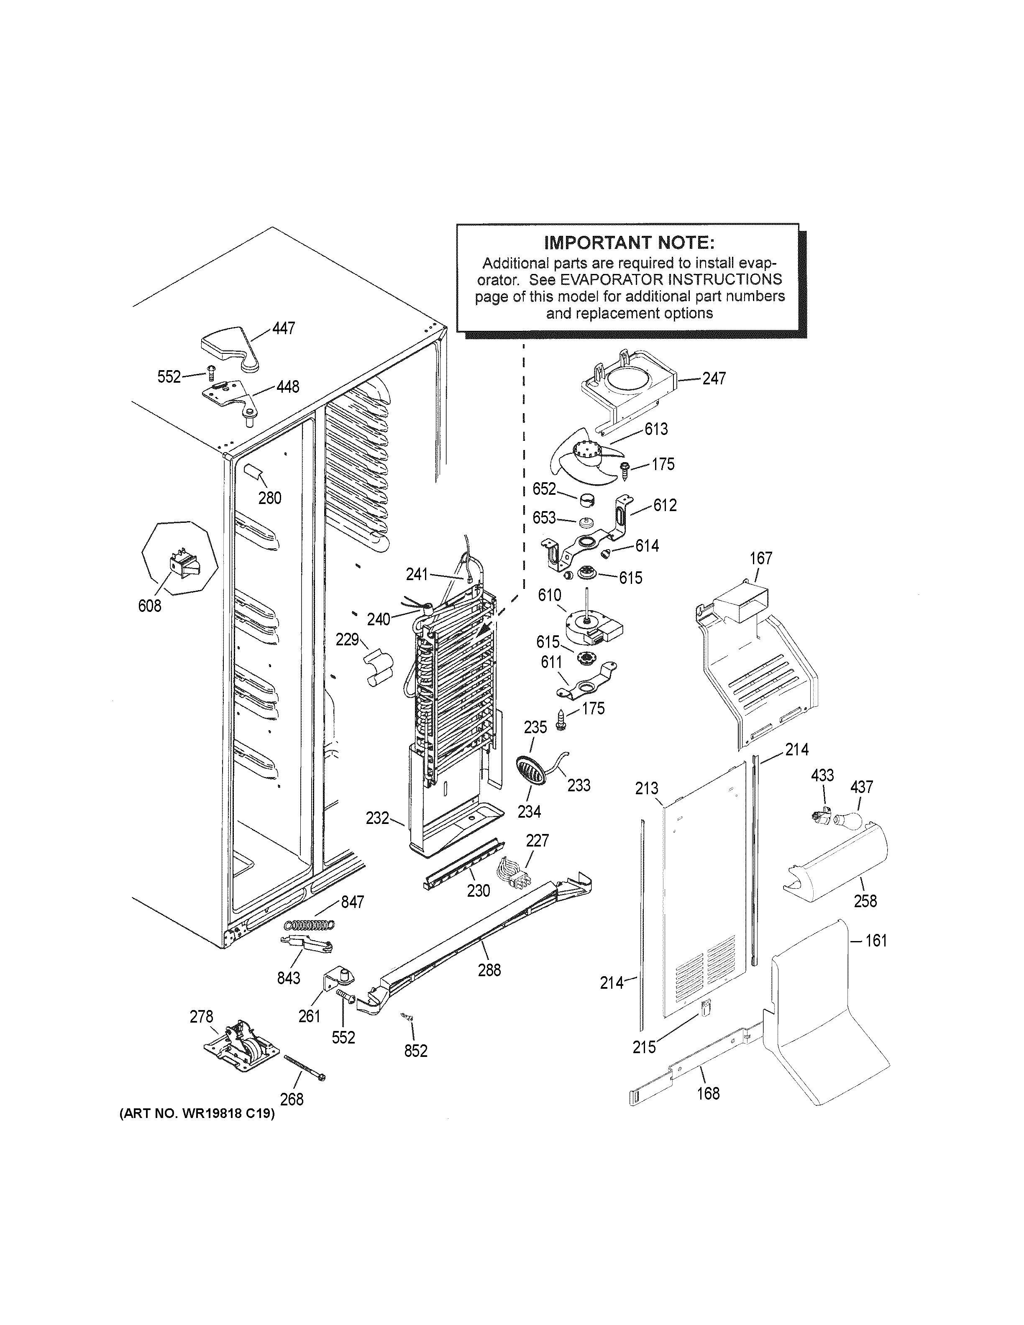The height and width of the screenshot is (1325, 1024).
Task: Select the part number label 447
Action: (283, 328)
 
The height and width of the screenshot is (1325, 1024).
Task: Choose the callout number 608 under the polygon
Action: (150, 606)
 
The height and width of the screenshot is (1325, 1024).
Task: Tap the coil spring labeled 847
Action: (310, 925)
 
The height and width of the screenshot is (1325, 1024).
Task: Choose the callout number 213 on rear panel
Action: (647, 789)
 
